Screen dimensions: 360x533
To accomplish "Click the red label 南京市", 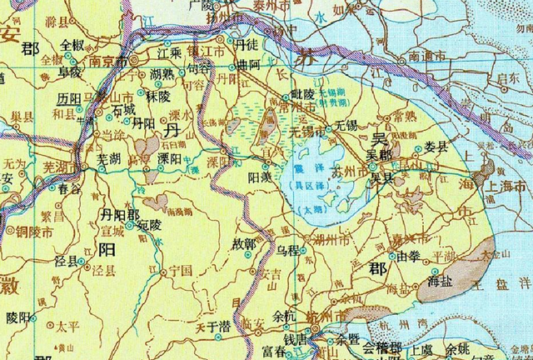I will [x=109, y=62].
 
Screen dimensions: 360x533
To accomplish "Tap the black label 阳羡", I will [x=259, y=177].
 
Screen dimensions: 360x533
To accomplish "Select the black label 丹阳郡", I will [x=120, y=214].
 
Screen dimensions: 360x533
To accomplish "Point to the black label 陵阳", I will [x=17, y=317].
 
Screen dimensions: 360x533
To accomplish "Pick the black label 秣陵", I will [x=158, y=96].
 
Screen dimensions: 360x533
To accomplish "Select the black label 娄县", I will [x=436, y=147].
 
